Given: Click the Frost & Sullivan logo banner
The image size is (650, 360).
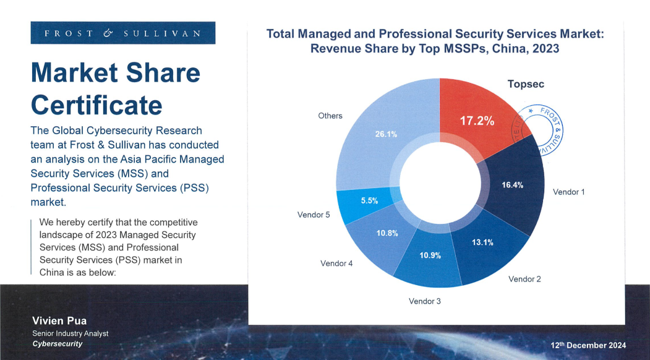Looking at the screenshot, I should [x=122, y=33].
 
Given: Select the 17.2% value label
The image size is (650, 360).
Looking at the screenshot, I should [x=477, y=121].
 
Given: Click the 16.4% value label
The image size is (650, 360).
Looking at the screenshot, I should [x=512, y=185].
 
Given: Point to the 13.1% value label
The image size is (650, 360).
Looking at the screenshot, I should [x=482, y=242].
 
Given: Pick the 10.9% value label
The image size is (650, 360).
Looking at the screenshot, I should [x=430, y=255].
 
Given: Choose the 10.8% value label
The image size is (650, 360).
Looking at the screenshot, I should [x=387, y=233].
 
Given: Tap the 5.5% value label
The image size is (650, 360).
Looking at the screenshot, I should [x=369, y=200].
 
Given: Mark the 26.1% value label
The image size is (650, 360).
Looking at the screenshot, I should [x=386, y=134].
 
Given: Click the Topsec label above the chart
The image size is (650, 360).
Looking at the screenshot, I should [x=526, y=84].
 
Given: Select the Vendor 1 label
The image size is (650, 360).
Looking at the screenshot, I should [x=568, y=192].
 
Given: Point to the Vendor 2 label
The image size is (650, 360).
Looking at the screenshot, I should [x=524, y=279].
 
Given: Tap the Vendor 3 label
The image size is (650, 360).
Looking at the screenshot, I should [x=425, y=301].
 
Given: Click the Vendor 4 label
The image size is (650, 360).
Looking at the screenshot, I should [x=336, y=264].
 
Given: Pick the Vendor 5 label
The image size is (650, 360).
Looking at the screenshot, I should [x=314, y=215].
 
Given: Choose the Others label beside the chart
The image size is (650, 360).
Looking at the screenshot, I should [x=330, y=116].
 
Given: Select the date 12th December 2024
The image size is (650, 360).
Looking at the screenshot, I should [x=588, y=345].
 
